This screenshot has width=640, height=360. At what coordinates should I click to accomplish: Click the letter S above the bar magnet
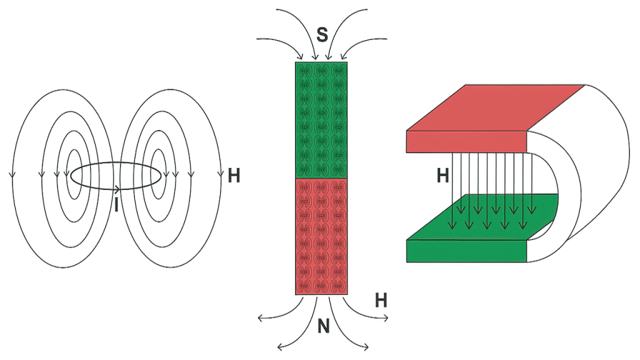322,34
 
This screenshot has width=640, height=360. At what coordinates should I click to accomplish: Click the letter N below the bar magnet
323,326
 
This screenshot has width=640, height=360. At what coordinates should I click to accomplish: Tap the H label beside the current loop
234,176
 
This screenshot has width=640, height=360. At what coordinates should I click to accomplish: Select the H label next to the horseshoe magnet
442,176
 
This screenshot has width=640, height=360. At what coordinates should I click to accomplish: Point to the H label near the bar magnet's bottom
381,300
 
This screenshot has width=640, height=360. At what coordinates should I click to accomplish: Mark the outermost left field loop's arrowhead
12,173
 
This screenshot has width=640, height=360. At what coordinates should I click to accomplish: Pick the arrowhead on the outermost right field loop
221,173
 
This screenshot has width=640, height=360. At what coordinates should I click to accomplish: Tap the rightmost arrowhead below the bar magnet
386,320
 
